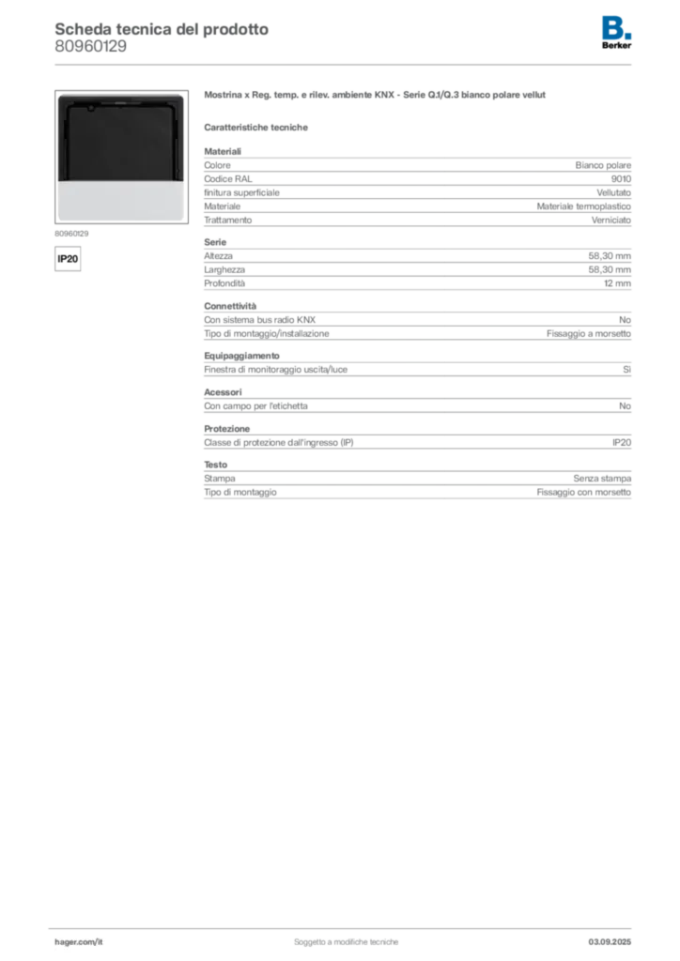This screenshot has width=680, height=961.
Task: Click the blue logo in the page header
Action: point(617,26)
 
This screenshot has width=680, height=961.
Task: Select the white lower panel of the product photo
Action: point(120,200)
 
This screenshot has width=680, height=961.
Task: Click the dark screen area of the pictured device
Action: point(120,141)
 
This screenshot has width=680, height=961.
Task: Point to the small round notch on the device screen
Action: point(89,109)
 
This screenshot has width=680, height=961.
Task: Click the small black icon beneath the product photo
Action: point(67,256)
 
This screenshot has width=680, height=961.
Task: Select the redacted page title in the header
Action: point(160,28)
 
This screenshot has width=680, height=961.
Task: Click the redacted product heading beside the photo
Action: point(374,97)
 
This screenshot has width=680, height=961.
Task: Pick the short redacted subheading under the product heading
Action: point(258,128)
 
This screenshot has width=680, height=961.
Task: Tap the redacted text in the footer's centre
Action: point(348,938)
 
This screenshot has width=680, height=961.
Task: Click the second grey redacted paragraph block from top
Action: point(416,265)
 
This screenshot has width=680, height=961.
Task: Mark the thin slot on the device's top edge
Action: point(120,99)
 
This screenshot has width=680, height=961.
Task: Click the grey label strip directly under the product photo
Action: point(71,231)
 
